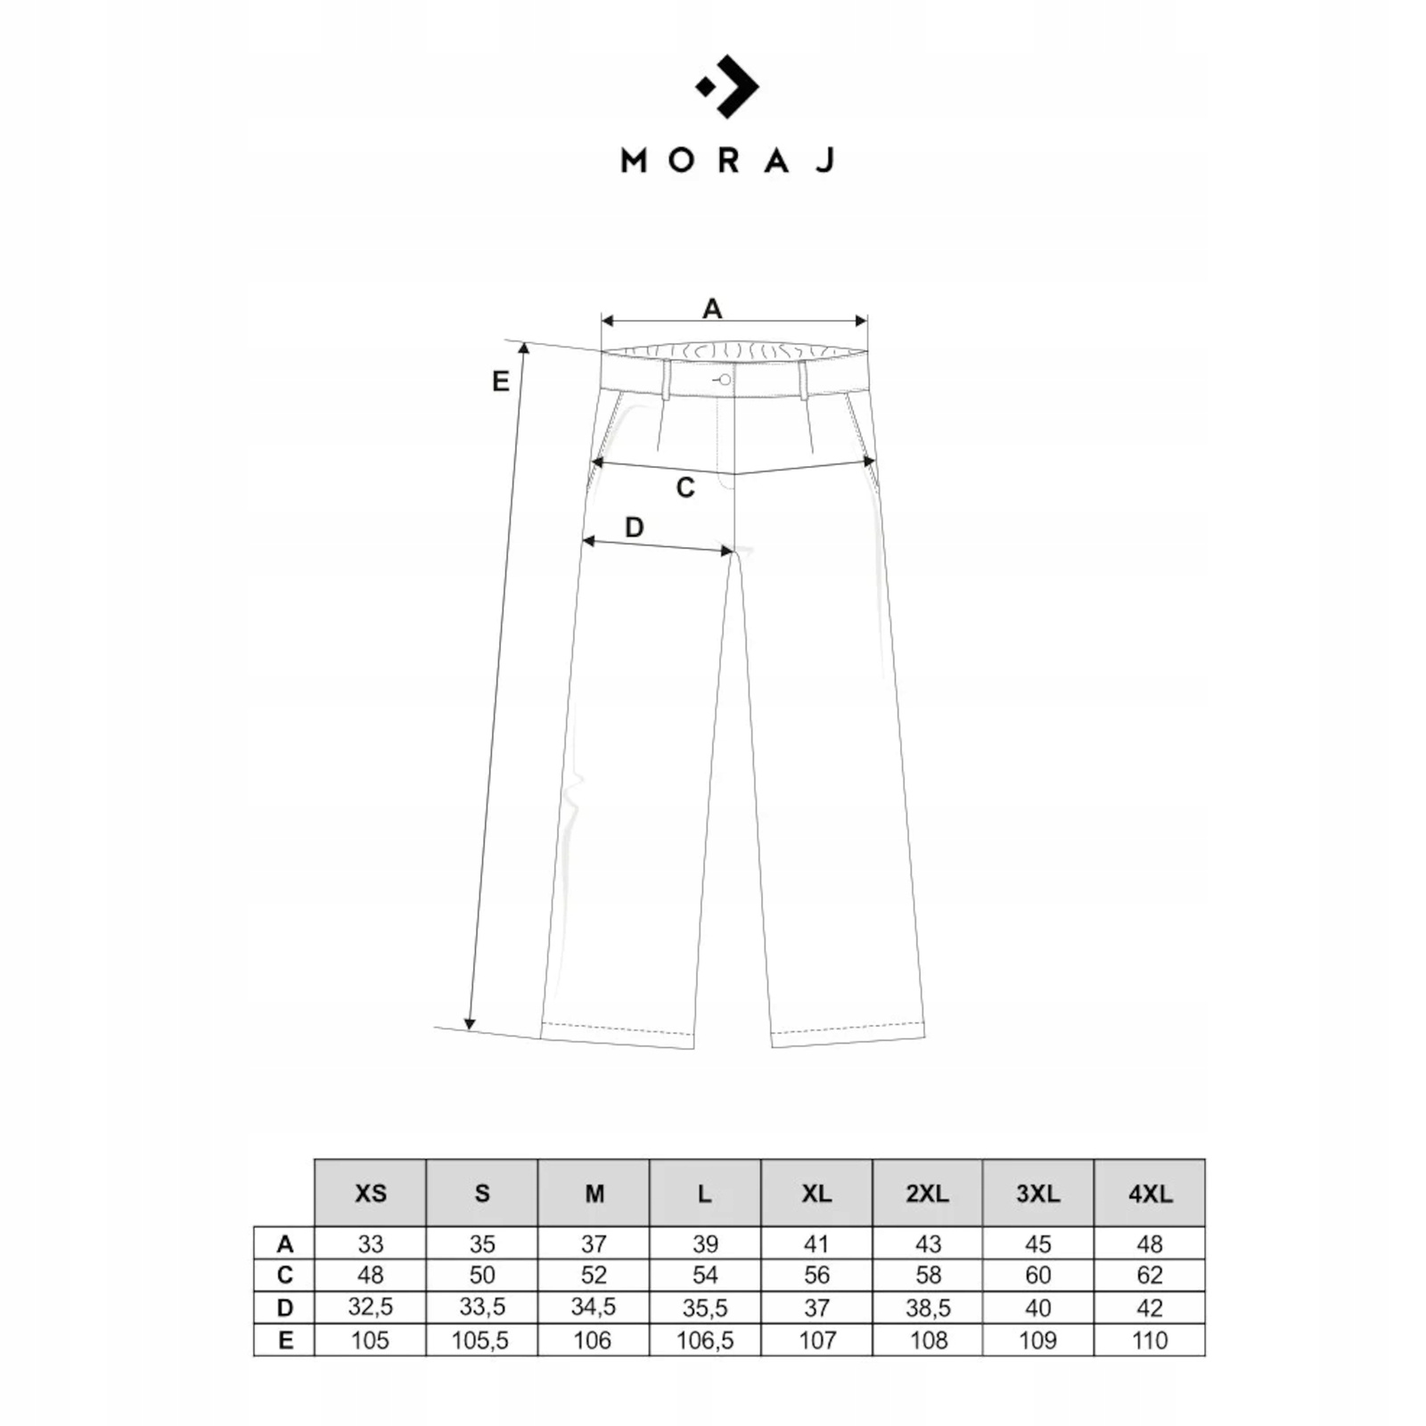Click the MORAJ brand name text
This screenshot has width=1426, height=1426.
(x=727, y=160)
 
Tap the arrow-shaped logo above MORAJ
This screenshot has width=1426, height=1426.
(x=727, y=86)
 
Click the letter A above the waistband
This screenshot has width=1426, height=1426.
(x=712, y=308)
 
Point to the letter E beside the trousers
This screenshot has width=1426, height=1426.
(x=501, y=381)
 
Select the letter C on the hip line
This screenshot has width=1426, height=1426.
(x=684, y=488)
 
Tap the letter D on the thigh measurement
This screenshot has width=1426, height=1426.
(x=634, y=527)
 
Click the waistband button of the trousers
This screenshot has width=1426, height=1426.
(x=725, y=381)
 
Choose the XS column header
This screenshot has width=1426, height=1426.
(x=370, y=1192)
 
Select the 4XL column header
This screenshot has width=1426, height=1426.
(x=1150, y=1192)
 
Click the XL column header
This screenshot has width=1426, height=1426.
(x=816, y=1192)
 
